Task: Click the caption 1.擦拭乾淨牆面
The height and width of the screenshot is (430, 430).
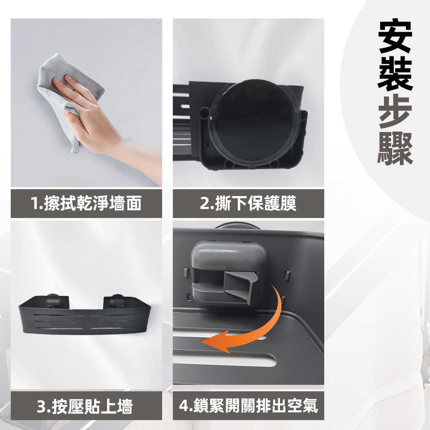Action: click(86, 204)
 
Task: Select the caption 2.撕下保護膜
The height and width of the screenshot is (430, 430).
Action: click(248, 204)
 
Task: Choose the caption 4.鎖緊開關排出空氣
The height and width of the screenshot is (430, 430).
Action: click(248, 406)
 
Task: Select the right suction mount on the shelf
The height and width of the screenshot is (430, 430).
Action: click(116, 301)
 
